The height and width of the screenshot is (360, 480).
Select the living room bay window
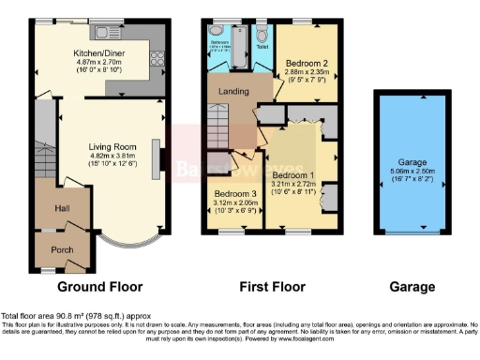click(x=131, y=245)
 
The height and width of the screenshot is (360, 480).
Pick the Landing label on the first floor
click(x=233, y=91)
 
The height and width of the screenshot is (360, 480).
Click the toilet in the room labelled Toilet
click(x=262, y=30)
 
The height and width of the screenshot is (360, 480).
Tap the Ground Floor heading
click(x=99, y=286)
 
